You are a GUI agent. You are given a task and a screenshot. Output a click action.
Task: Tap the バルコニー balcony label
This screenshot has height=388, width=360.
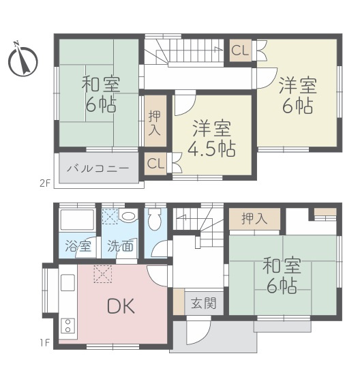click(100, 167)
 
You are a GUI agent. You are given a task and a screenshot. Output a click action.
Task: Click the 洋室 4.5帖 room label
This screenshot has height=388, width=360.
click(211, 138)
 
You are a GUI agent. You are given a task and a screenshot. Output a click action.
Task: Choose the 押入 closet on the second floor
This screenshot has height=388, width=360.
click(154, 120)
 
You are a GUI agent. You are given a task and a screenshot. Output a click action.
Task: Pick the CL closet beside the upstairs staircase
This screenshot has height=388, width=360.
click(239, 50)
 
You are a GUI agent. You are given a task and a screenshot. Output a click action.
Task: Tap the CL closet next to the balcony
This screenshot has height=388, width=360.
click(155, 164)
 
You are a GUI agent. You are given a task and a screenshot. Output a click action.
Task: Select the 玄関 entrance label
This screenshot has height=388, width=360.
click(203, 302)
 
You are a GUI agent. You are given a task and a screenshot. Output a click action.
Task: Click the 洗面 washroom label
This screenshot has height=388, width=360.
click(121, 246)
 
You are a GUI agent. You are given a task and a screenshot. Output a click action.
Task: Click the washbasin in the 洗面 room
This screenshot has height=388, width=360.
click(129, 217)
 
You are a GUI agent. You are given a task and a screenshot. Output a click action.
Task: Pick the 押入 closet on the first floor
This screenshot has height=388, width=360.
click(254, 218)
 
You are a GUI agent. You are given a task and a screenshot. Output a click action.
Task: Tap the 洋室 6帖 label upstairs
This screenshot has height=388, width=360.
click(297, 95)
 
